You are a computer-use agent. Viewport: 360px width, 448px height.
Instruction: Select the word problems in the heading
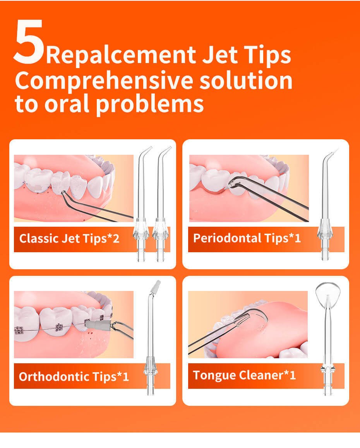[x=149, y=104]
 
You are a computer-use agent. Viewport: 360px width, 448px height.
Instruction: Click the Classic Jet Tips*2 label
[x=69, y=238]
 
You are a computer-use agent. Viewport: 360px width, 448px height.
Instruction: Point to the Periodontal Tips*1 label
[x=247, y=238]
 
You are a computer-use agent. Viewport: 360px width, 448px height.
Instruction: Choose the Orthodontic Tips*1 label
[x=74, y=376]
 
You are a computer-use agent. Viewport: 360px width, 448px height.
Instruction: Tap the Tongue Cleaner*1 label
[x=245, y=375]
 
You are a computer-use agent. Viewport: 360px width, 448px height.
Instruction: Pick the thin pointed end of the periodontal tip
[x=336, y=151]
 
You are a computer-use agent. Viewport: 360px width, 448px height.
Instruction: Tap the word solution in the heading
[x=246, y=81]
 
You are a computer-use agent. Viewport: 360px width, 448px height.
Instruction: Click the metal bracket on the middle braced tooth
[x=60, y=327]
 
